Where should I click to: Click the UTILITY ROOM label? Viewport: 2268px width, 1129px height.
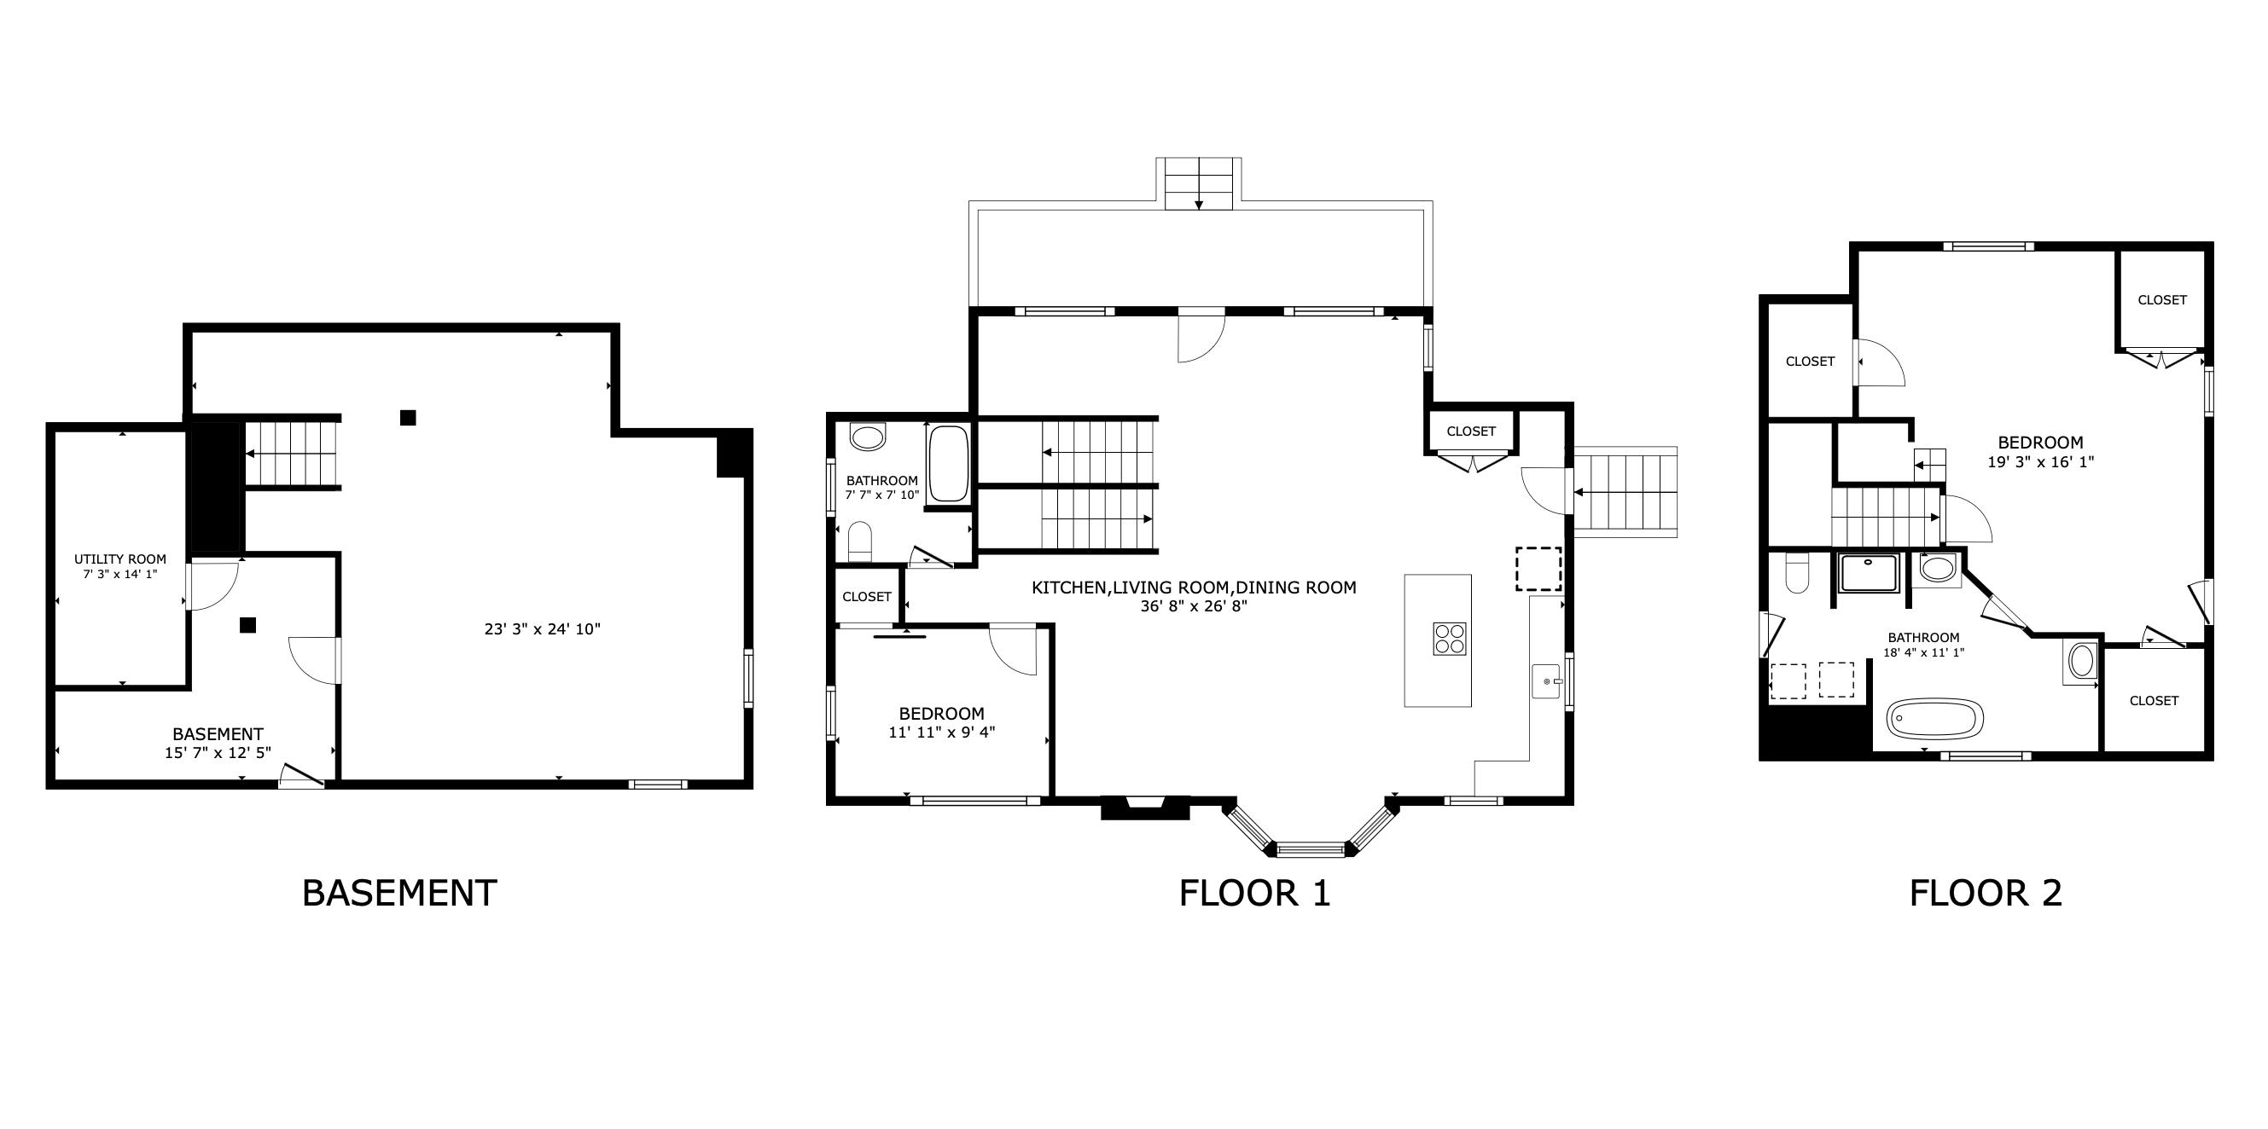tap(119, 559)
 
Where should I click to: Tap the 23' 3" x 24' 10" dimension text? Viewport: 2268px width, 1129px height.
tap(542, 629)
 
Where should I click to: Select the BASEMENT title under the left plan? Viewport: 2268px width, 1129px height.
tap(398, 893)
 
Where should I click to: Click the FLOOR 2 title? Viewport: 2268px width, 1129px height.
tap(1986, 893)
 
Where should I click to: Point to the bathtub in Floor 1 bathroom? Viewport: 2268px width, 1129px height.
tap(948, 464)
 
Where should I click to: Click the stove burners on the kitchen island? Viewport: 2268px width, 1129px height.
tap(1449, 639)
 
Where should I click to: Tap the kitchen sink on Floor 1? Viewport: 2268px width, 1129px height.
tap(1547, 681)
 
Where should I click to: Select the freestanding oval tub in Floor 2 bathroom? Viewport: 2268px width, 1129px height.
tap(1934, 720)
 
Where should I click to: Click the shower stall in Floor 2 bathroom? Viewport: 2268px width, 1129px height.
tap(1870, 573)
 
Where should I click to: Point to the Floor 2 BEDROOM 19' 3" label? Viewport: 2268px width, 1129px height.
tap(2040, 443)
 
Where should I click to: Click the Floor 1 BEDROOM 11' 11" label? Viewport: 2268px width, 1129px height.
tap(941, 715)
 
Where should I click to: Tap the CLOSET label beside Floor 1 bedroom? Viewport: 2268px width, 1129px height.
tap(866, 597)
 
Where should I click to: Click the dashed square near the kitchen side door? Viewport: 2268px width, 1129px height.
tap(1538, 569)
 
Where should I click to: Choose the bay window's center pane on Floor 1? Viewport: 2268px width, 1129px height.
tap(1311, 849)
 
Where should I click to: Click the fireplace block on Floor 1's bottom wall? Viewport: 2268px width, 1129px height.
tap(1145, 808)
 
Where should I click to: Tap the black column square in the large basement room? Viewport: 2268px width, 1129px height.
tap(408, 418)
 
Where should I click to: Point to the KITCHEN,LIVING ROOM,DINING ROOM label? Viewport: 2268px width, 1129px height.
tap(1194, 588)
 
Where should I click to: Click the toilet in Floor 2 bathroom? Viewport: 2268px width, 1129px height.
tap(1796, 576)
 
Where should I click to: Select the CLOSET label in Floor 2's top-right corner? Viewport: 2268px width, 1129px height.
tap(2161, 300)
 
